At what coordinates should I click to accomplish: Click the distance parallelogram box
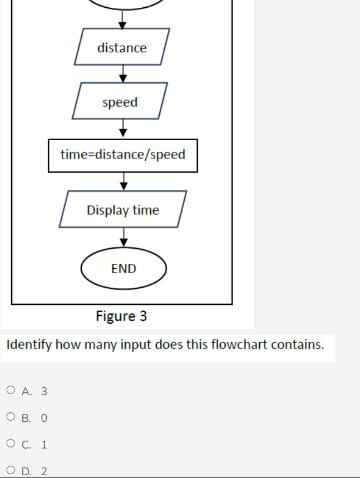click(122, 48)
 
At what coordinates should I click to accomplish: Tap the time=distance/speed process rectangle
click(122, 155)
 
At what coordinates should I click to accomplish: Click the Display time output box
click(122, 210)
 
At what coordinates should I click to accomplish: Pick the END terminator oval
click(124, 269)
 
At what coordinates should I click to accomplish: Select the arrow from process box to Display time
click(123, 181)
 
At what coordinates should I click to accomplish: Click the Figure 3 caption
click(121, 317)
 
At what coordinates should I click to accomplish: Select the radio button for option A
click(11, 391)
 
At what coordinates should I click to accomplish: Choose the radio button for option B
click(11, 417)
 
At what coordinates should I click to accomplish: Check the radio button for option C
click(11, 444)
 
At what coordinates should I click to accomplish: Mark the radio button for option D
click(11, 471)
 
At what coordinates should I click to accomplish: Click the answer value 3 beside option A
click(44, 391)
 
